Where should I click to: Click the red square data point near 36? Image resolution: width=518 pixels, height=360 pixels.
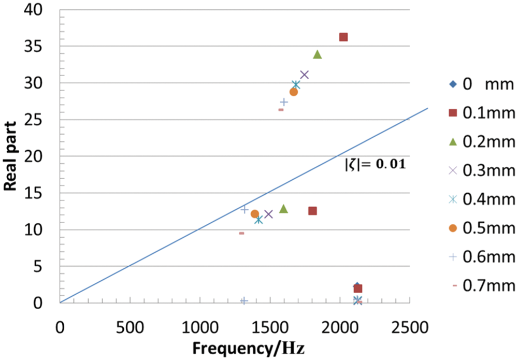(343, 37)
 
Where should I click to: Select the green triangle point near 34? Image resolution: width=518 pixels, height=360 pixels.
(318, 54)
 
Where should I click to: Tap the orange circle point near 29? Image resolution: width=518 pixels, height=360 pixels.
(294, 92)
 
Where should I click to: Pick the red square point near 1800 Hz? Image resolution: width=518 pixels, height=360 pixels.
(312, 211)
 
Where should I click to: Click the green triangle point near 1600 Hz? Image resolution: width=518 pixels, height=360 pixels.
(283, 209)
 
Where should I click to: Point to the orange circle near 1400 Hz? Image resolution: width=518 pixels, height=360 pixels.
(254, 214)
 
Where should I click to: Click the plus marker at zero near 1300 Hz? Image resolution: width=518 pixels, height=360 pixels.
(244, 300)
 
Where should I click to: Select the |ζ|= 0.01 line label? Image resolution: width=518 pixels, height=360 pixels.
(375, 165)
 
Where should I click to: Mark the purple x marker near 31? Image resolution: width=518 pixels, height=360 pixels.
(305, 75)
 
